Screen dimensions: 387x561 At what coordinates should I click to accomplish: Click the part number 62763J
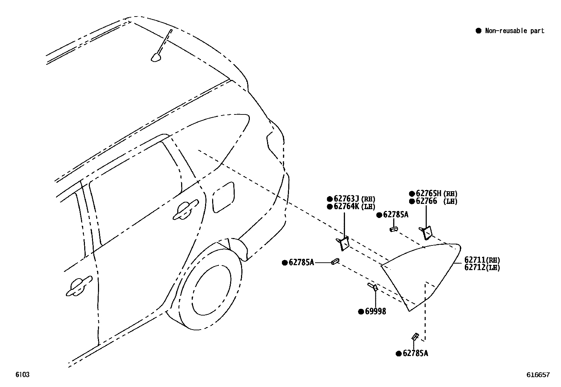[346, 199]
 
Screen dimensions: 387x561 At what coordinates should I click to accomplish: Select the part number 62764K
[346, 207]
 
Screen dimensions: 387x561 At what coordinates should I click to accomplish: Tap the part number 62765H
[429, 193]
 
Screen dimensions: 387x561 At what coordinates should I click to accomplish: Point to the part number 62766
[426, 201]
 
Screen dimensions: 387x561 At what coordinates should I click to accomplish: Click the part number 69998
[375, 311]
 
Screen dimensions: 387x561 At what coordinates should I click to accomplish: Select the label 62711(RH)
[482, 260]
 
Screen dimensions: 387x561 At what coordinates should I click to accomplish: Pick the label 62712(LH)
[482, 267]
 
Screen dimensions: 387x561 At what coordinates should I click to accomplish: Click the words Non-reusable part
[514, 31]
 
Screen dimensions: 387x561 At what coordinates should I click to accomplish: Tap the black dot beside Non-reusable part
[478, 31]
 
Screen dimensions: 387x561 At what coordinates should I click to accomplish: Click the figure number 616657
[538, 375]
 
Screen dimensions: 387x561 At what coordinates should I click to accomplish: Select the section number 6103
[22, 375]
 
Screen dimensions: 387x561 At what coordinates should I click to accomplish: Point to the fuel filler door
[223, 198]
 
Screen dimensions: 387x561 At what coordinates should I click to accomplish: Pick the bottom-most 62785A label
[415, 353]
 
